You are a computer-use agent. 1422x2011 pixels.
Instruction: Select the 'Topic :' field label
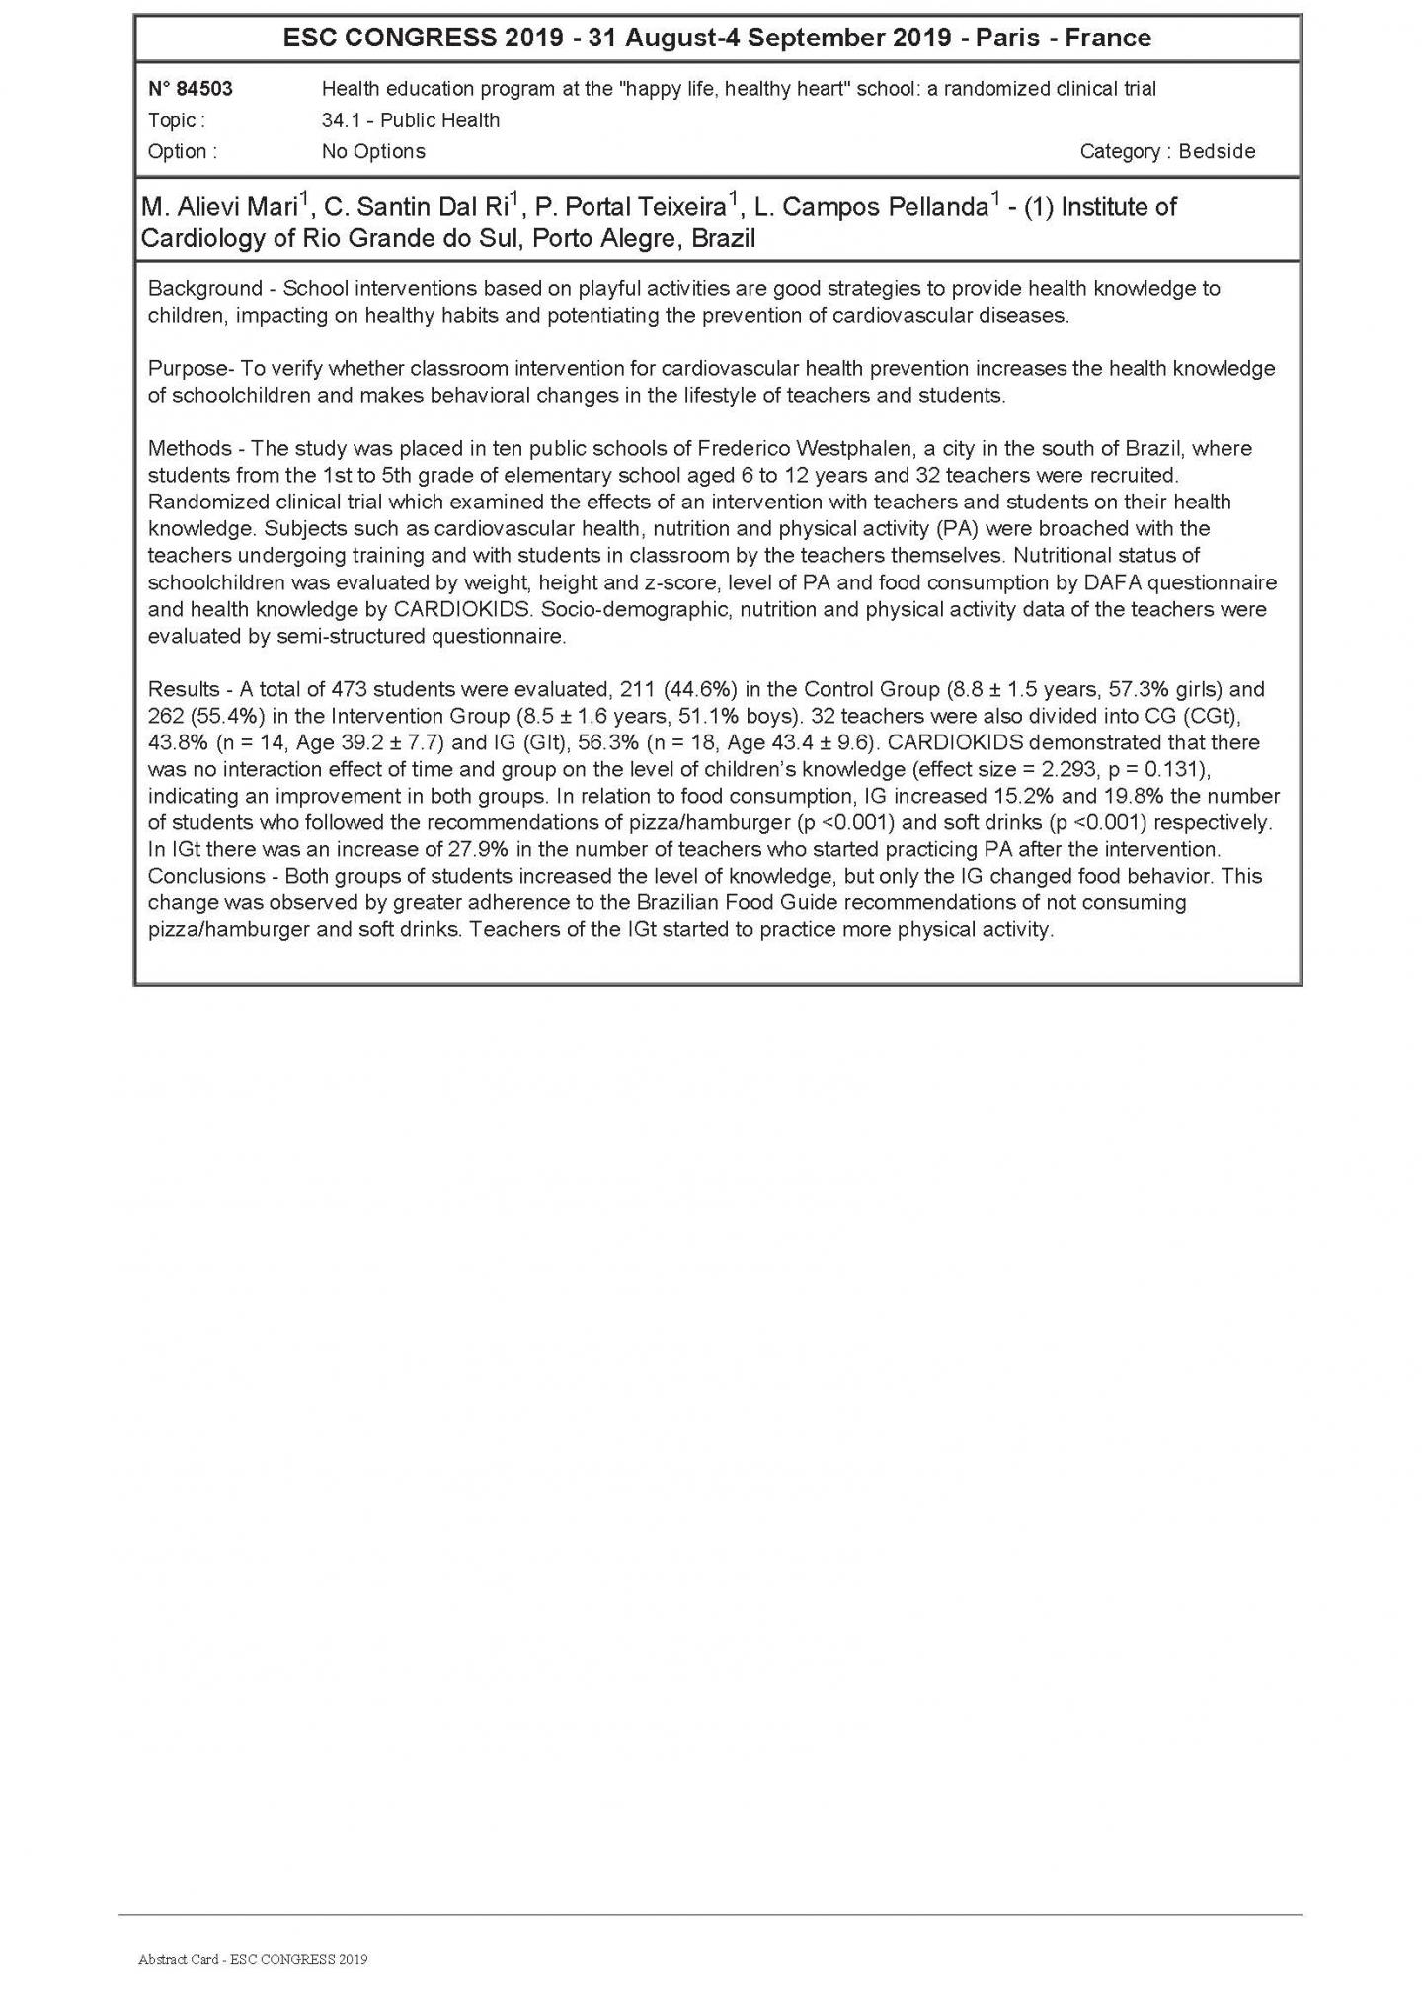(x=177, y=120)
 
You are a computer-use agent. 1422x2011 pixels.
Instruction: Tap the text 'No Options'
(x=373, y=151)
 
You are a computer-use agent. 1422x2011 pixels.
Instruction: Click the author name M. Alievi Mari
(x=219, y=208)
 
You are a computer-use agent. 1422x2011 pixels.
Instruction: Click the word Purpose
(x=187, y=369)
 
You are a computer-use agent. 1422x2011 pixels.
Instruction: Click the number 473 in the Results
(x=351, y=689)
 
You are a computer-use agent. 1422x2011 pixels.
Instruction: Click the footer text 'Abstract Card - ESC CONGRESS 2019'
(x=253, y=1959)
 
